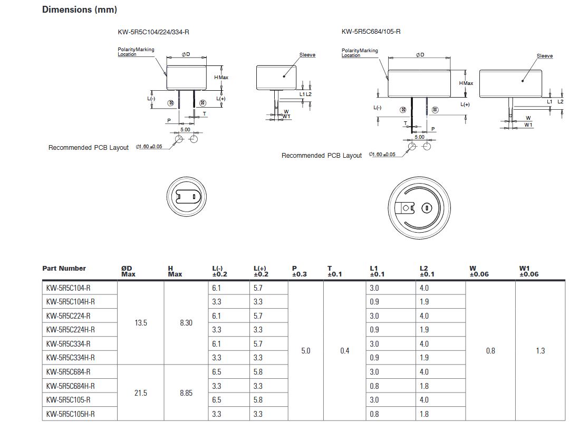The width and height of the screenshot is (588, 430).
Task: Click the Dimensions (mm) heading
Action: point(80,9)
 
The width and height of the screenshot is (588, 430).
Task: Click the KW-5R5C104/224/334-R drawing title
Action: point(153,32)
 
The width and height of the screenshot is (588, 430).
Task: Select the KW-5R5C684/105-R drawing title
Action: point(371,32)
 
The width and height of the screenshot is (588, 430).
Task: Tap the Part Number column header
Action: point(64,269)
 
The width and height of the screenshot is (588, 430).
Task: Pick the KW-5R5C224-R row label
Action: point(68,316)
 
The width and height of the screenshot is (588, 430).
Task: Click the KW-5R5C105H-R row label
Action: point(70,414)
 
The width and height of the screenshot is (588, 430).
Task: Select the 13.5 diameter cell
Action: point(141,323)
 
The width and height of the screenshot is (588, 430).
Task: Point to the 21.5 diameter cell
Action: point(141,393)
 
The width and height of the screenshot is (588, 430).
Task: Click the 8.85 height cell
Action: point(186,393)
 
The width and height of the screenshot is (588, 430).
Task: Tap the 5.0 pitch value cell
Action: point(306,351)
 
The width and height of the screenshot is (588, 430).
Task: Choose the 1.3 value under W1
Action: point(541,351)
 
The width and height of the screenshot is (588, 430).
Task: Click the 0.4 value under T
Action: point(344,351)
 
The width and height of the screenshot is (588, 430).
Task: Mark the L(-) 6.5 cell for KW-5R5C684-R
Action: point(217,372)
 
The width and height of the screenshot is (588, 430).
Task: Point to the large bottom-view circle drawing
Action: point(419,207)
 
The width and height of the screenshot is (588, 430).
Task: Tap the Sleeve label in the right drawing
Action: point(545,56)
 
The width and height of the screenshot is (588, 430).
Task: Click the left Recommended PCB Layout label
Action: point(89,148)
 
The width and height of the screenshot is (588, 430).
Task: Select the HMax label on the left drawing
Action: point(221,78)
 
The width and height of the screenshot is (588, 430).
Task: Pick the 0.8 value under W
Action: point(490,351)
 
